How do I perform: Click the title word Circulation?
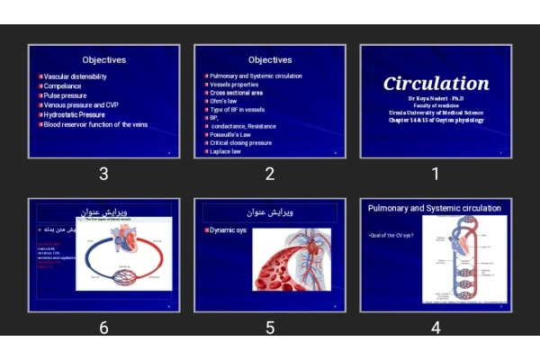436,84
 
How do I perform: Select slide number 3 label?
104,174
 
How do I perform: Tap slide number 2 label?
270,174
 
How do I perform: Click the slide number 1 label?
436,174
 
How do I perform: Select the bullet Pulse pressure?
65,95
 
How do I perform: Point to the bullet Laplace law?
225,151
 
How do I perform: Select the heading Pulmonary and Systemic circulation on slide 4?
436,208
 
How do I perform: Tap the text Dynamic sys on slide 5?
229,230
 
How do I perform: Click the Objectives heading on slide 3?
104,60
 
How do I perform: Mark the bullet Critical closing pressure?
240,142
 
